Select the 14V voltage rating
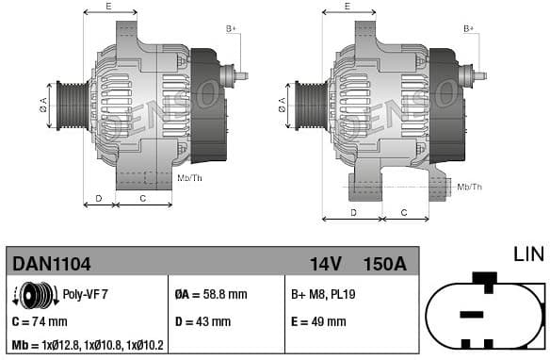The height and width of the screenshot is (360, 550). click(x=325, y=263)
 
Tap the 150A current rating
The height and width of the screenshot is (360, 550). click(x=384, y=263)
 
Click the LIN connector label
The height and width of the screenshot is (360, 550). click(x=529, y=254)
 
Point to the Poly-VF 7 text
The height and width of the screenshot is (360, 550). click(x=85, y=294)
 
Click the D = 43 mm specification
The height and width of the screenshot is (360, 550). click(x=202, y=321)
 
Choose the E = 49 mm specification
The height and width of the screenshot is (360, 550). click(x=318, y=321)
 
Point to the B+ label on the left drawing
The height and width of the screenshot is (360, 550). click(x=231, y=28)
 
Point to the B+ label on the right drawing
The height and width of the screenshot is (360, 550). click(x=468, y=28)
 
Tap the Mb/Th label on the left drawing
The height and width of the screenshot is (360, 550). click(x=189, y=177)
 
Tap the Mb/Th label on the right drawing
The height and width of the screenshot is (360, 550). click(x=468, y=187)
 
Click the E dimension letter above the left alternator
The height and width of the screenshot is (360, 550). click(x=108, y=6)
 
